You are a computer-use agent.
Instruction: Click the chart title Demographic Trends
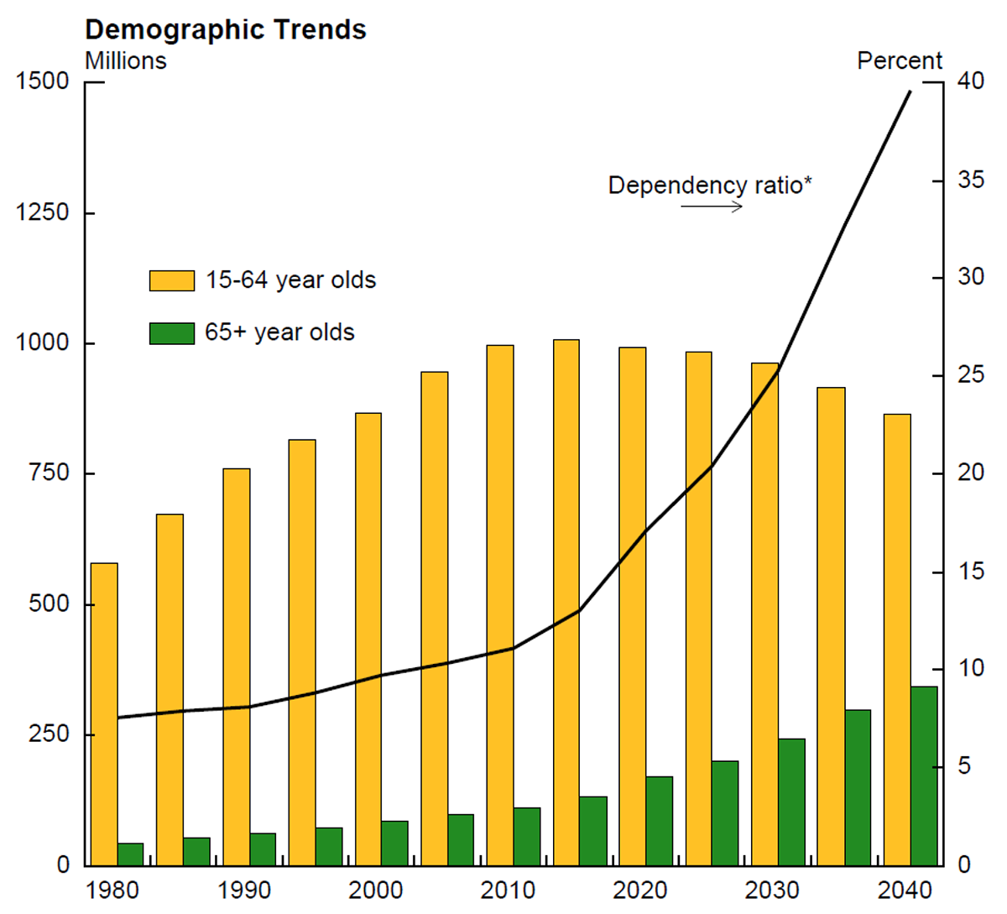coord(226,30)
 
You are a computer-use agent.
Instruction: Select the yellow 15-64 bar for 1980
coord(104,713)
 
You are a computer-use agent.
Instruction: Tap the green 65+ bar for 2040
coord(924,776)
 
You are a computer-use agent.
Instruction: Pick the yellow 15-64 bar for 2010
coord(500,604)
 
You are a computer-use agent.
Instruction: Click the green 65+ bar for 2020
coord(659,820)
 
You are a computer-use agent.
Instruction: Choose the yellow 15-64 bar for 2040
coord(897,639)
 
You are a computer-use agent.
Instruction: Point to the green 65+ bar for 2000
coord(394,843)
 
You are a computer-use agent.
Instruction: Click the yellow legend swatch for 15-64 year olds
coord(171,280)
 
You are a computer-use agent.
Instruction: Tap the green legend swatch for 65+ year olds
coord(171,333)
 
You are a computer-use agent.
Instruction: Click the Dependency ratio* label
coord(710,185)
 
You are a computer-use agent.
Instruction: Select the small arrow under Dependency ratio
coord(712,206)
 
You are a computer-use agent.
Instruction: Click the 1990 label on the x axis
coord(244,890)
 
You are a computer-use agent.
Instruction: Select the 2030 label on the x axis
coord(773,890)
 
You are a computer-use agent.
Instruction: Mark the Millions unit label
coord(126,61)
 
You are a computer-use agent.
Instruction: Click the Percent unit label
coord(900,61)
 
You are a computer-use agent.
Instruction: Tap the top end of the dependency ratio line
coord(910,91)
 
